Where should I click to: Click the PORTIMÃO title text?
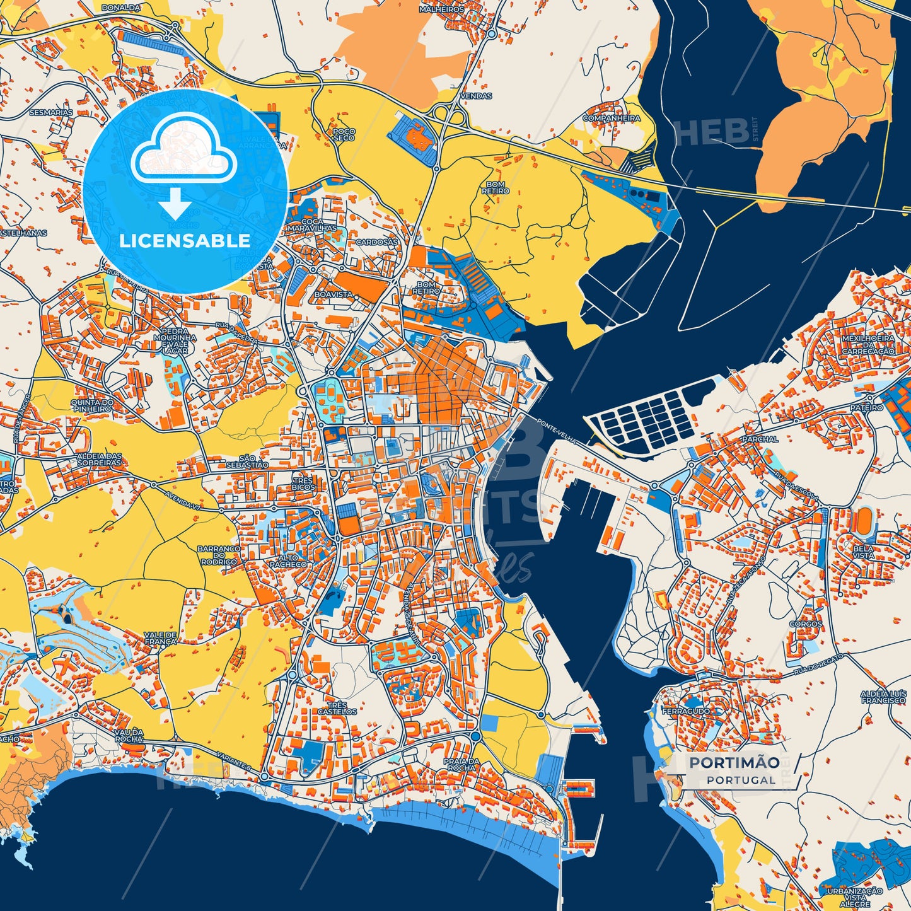(734, 762)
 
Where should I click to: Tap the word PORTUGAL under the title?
(741, 780)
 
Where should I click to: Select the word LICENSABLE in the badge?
(185, 240)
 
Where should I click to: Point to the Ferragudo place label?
(686, 711)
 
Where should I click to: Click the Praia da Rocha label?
(460, 764)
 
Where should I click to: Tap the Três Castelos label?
(337, 708)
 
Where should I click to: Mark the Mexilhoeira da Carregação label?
(868, 344)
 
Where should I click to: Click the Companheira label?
(611, 118)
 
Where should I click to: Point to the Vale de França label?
(160, 638)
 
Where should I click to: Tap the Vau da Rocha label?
(129, 735)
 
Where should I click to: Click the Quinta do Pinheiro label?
(91, 405)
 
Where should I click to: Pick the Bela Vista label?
(863, 552)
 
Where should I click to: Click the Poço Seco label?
(344, 134)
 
